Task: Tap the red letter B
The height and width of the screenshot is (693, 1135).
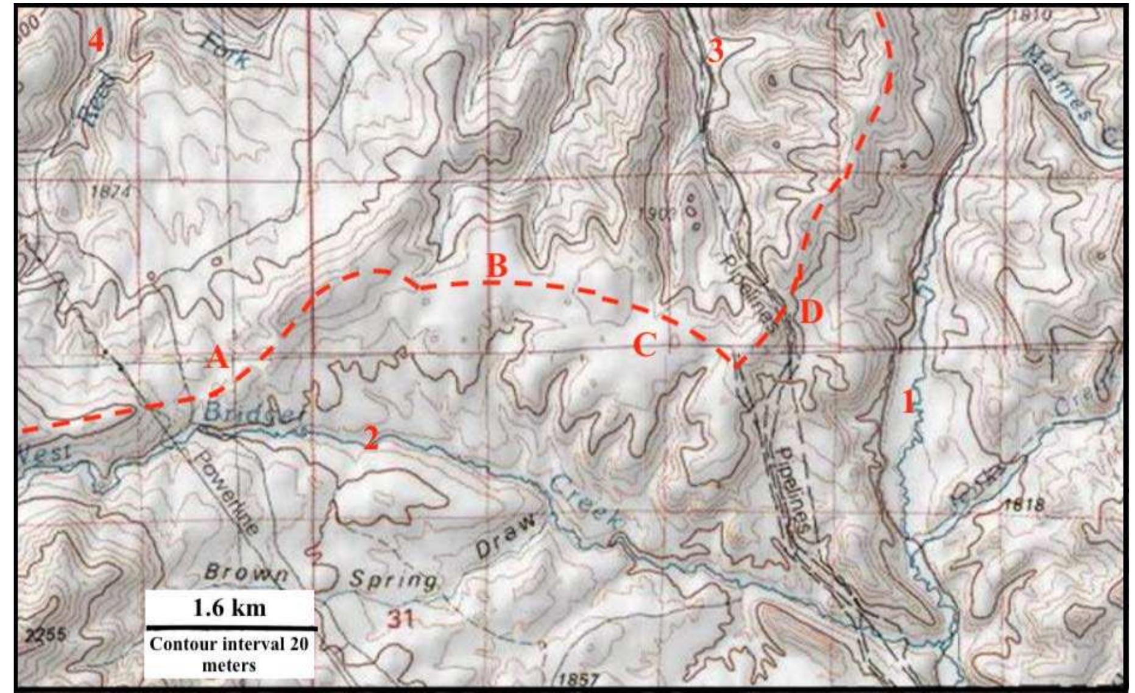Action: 497,266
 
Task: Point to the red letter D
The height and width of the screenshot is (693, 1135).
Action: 811,313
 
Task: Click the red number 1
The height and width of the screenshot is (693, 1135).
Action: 908,402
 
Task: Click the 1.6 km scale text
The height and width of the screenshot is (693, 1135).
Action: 230,608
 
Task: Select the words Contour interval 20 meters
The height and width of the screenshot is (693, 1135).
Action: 230,654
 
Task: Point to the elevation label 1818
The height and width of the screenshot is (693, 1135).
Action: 1023,505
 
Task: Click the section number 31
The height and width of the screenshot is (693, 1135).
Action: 400,620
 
